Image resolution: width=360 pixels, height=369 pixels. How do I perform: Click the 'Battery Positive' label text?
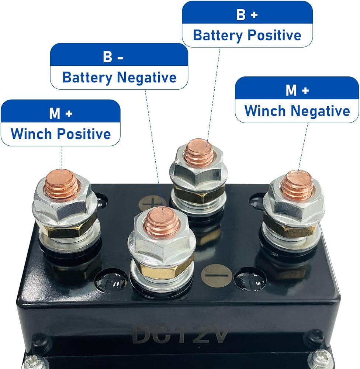coord(247,35)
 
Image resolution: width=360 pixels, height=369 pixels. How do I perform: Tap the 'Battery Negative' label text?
coord(119,77)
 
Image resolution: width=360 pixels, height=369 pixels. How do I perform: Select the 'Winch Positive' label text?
coord(60,134)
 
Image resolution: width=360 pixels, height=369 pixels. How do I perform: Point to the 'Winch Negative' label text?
coord(297,111)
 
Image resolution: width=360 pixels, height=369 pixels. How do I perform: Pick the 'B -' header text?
coord(113,58)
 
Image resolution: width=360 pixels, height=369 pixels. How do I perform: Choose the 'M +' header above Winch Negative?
coord(297,91)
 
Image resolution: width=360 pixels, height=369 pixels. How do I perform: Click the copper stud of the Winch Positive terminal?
coord(61,183)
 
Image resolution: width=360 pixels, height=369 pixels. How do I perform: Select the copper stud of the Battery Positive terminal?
coord(199,152)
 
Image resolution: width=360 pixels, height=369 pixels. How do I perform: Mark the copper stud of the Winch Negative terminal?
coord(297,184)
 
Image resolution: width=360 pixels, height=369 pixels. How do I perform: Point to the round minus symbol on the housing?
coord(217,275)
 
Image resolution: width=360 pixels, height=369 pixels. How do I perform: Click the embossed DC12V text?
coord(181,334)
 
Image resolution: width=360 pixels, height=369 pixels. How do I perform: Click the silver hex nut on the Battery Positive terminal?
coord(198,172)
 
